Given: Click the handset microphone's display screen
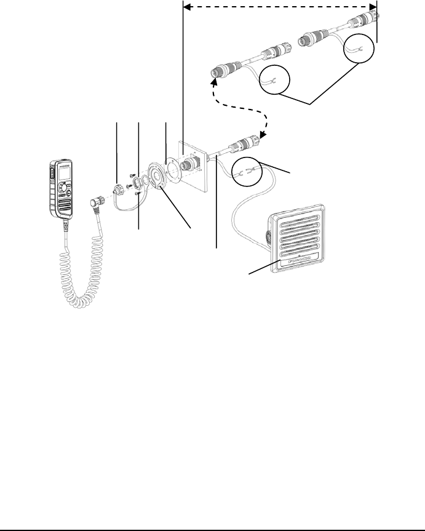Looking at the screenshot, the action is coord(62,174).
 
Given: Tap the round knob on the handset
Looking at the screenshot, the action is coord(63,191).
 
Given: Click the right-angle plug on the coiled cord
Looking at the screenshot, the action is coord(96,201).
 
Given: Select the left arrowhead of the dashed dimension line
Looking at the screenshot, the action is coord(187,8).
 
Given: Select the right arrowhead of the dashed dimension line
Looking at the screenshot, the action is coord(373,8).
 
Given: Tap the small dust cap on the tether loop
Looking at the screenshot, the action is coord(117,186).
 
